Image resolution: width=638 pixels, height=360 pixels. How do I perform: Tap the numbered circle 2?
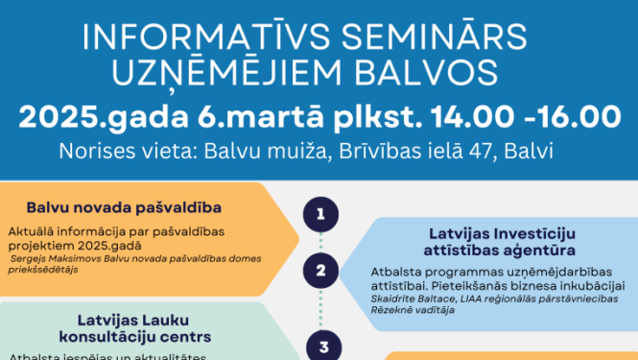pyautogui.click(x=320, y=271)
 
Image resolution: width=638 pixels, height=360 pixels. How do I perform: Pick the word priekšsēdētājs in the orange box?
pyautogui.click(x=43, y=270)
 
